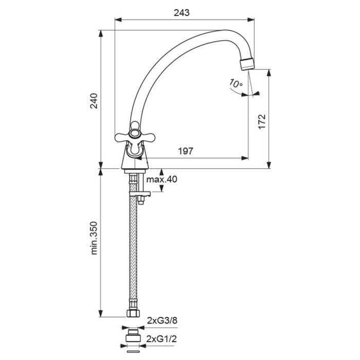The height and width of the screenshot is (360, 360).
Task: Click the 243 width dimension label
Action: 182,13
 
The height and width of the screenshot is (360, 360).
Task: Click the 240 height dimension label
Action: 94,101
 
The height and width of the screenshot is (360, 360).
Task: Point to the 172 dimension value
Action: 262,121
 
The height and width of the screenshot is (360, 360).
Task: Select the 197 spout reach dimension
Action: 186,151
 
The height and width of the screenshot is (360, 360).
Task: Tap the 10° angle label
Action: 236,83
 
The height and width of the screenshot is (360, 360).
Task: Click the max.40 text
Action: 161,179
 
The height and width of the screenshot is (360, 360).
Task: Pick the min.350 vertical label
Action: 94,238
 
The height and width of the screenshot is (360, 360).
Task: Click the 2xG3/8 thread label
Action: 162,320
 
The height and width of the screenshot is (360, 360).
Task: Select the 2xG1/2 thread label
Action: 161,338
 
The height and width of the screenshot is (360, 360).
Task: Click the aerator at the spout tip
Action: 247,64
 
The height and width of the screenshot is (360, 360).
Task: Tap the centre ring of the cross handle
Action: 135,134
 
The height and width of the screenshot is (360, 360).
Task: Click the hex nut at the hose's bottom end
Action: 133,313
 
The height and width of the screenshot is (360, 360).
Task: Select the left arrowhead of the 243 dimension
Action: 118,20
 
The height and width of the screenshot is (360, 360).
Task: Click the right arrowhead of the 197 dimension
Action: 245,158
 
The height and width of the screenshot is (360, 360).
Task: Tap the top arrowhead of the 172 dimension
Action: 269,73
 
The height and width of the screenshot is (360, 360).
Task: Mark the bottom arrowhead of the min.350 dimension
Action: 101,314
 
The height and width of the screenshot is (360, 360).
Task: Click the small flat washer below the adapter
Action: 133,351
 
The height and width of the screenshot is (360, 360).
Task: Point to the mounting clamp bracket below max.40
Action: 140,194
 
